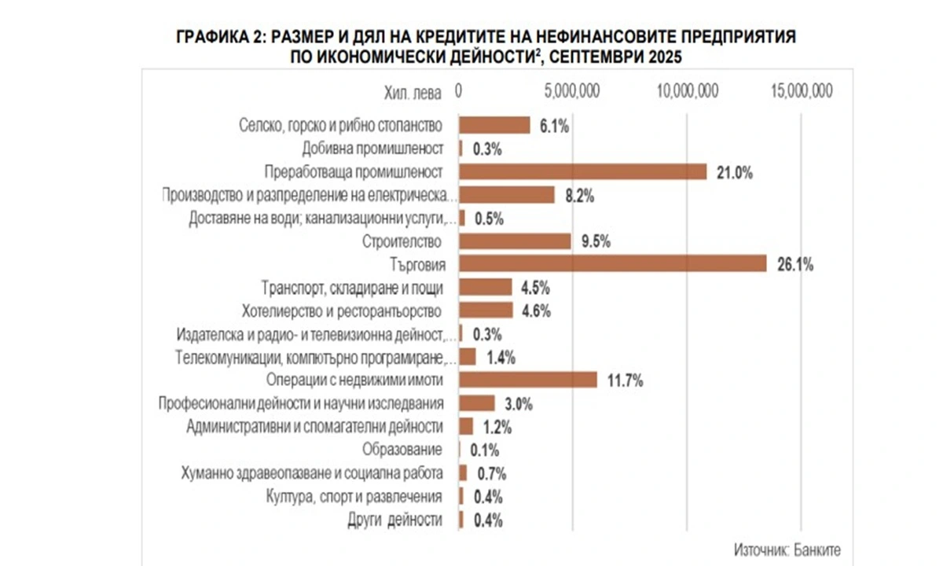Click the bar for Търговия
(x=612, y=264)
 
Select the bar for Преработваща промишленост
(x=582, y=171)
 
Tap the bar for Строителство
(x=515, y=241)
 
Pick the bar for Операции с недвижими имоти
(x=527, y=380)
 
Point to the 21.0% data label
(x=735, y=172)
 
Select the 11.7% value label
(x=626, y=381)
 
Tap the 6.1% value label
(x=554, y=126)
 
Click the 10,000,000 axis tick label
(x=687, y=91)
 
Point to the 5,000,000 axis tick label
(x=572, y=91)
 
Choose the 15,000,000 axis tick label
(x=802, y=91)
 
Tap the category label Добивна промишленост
(x=372, y=149)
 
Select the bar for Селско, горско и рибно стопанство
(x=494, y=125)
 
